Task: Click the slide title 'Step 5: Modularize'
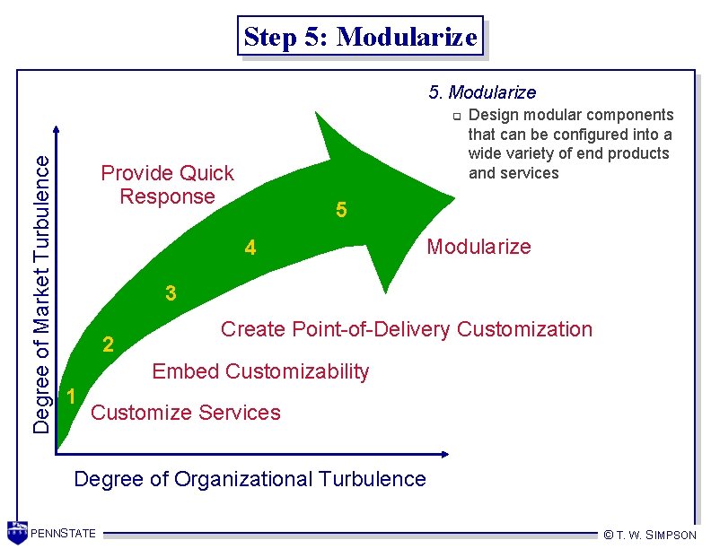pyautogui.click(x=360, y=37)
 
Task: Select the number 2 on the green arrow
pyautogui.click(x=108, y=344)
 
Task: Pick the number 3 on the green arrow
pyautogui.click(x=171, y=293)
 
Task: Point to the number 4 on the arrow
pyautogui.click(x=251, y=248)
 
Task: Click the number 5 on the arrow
pyautogui.click(x=341, y=211)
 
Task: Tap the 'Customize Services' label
pyautogui.click(x=186, y=413)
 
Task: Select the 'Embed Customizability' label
pyautogui.click(x=260, y=371)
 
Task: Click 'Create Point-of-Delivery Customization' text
pyautogui.click(x=407, y=329)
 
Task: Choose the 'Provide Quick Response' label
pyautogui.click(x=167, y=185)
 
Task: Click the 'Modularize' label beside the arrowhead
pyautogui.click(x=478, y=247)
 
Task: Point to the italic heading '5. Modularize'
pyautogui.click(x=482, y=92)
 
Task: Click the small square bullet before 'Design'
pyautogui.click(x=456, y=116)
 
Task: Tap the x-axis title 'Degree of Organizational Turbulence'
pyautogui.click(x=250, y=479)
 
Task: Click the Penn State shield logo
pyautogui.click(x=17, y=531)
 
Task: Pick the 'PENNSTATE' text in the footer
pyautogui.click(x=63, y=535)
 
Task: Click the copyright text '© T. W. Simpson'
pyautogui.click(x=650, y=535)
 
